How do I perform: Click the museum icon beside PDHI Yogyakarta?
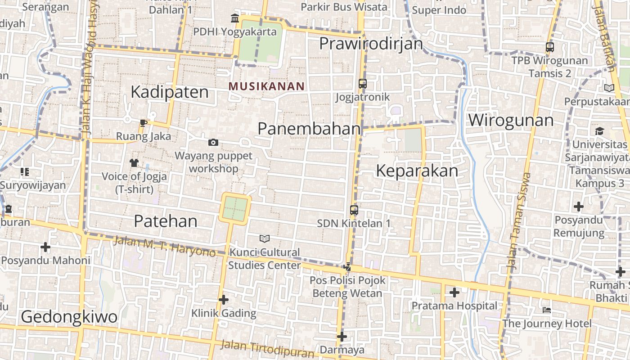tap(235, 18)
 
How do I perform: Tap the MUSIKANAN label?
tap(266, 86)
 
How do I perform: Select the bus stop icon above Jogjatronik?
tap(363, 84)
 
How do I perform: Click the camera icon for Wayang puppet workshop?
tap(213, 143)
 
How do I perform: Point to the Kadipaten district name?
tap(170, 92)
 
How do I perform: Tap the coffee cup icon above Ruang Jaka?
tap(144, 123)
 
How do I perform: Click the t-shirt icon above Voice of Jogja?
tap(134, 162)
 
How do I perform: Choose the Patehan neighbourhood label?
tap(166, 221)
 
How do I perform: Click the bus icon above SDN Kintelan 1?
tap(354, 210)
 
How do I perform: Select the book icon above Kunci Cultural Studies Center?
tap(265, 238)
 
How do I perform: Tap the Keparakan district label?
tap(417, 171)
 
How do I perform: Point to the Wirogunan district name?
tap(511, 120)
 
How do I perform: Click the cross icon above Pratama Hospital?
tap(454, 292)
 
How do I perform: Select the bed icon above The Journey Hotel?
tap(547, 310)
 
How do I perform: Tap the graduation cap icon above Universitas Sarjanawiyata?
tap(599, 131)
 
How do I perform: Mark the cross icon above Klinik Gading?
tap(224, 299)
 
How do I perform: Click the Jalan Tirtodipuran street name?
tap(267, 349)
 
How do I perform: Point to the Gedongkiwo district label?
tap(69, 317)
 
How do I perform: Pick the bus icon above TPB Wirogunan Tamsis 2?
tap(549, 47)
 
